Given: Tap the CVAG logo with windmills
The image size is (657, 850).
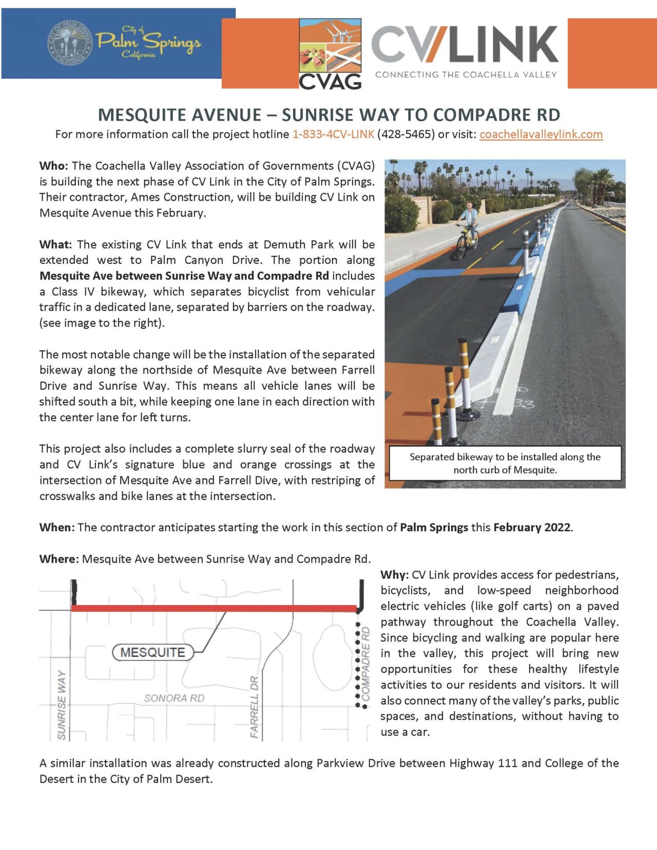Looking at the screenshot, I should [x=330, y=54].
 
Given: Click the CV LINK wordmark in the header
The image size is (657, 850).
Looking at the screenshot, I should [x=465, y=45].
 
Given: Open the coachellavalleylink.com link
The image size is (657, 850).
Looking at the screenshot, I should [x=540, y=134].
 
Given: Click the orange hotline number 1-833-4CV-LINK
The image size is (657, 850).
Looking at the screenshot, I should [x=333, y=134].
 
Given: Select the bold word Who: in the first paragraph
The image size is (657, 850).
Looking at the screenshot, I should [x=53, y=166].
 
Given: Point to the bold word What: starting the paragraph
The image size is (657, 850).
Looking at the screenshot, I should [x=55, y=244].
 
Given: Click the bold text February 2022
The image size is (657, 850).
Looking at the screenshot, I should [x=532, y=528].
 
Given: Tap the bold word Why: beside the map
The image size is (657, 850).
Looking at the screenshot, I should [x=394, y=575].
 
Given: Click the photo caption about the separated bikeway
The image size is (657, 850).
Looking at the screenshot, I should [x=505, y=463].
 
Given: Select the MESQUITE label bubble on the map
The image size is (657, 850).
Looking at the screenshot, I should [x=152, y=652].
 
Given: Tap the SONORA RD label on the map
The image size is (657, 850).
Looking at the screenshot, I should [x=174, y=698].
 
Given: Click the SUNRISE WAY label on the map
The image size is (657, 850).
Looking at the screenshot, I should [x=62, y=704].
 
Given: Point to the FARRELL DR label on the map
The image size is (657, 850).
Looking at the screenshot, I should [x=255, y=707].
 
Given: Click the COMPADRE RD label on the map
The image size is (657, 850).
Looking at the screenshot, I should [x=365, y=663].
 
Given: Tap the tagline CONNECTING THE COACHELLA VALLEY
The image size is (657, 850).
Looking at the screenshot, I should [x=466, y=75].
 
